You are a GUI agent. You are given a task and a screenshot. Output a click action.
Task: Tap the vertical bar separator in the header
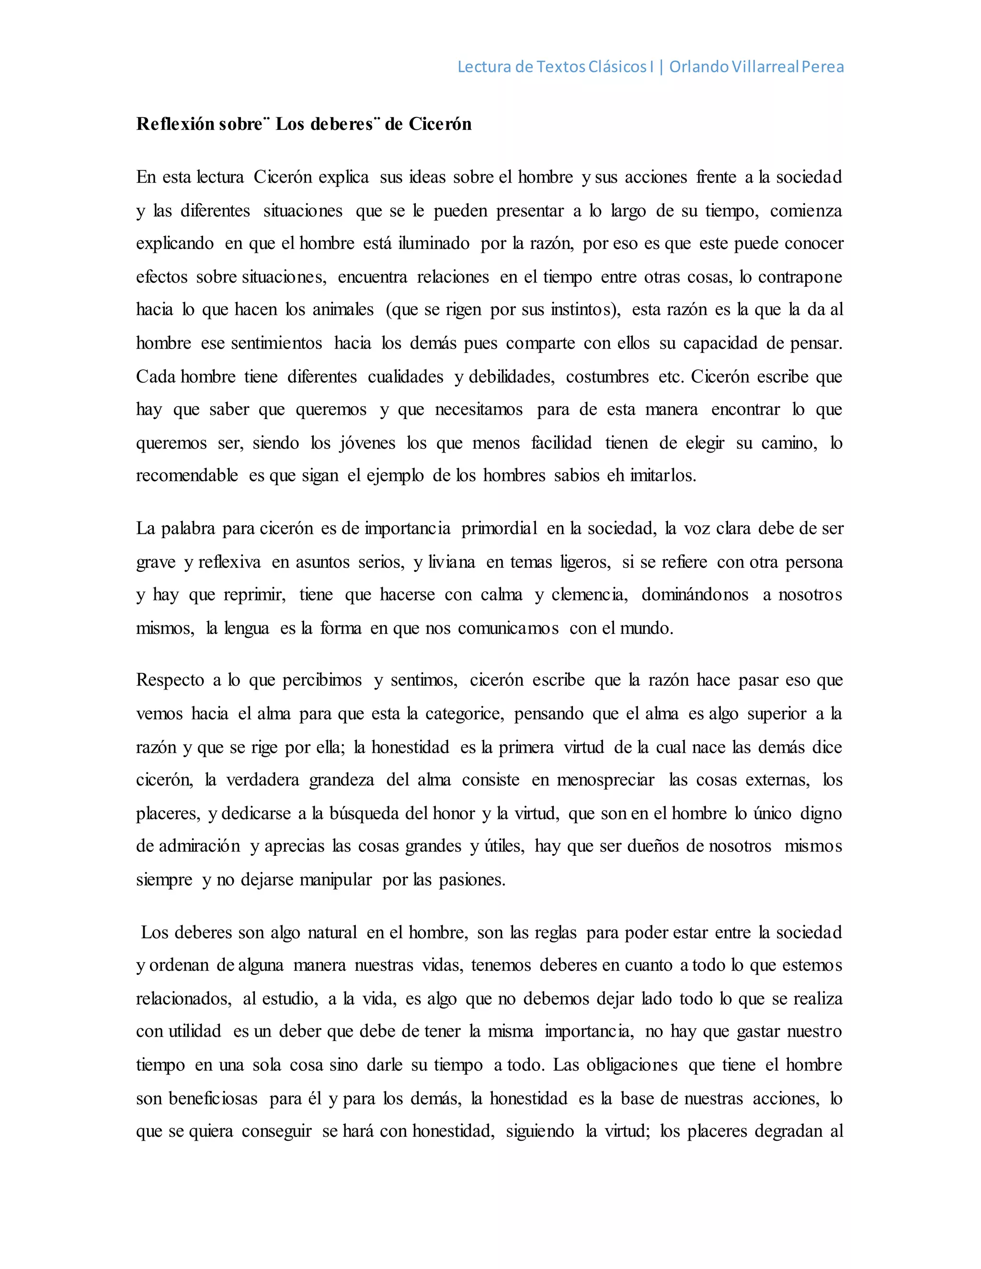coord(662,67)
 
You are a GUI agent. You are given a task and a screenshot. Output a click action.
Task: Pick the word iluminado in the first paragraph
coord(433,243)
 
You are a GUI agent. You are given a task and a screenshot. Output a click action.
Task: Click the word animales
coord(343,309)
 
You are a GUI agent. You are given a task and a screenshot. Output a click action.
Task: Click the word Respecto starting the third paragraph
coord(170,680)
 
